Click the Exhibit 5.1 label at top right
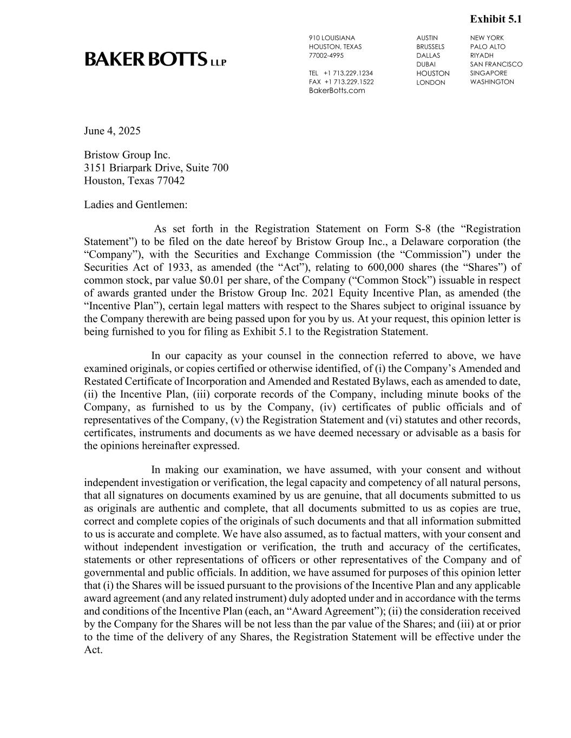click(496, 19)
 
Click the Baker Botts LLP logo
click(155, 59)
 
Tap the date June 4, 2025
click(112, 131)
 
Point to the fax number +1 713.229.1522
click(349, 82)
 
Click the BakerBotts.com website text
click(337, 90)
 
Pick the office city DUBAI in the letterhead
click(426, 64)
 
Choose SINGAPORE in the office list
click(489, 73)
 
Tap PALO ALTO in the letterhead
click(488, 46)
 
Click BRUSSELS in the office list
click(430, 46)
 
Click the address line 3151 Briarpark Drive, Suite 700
click(156, 168)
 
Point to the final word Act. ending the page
click(93, 649)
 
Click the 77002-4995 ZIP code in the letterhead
click(326, 55)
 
